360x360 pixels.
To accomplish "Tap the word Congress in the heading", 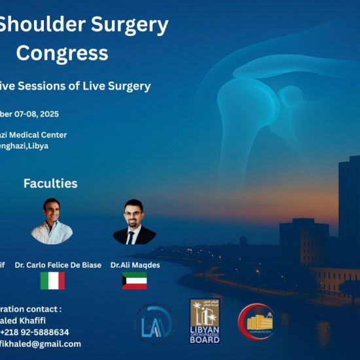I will coord(62,52).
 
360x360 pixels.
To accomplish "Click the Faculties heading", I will coord(50,183).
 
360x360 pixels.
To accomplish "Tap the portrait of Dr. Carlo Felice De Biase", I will coord(51,221).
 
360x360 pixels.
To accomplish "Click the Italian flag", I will coord(52,281).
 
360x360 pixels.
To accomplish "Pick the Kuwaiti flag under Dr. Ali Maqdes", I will coord(134,281).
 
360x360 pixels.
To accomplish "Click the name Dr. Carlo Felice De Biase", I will coord(58,265).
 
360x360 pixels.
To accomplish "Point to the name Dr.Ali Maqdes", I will coord(135,265).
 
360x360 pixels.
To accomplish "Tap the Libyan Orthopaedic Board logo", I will coord(205,321).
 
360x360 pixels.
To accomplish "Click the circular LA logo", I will coord(156,323).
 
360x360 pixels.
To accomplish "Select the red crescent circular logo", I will coord(256,322).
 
